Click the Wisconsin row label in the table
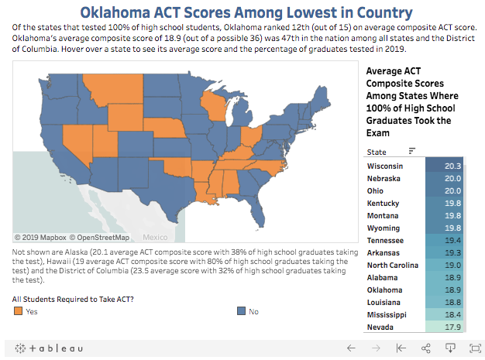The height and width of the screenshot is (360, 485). pyautogui.click(x=385, y=166)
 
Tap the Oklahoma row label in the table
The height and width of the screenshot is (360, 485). pyautogui.click(x=385, y=290)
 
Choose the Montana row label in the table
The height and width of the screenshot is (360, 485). pyautogui.click(x=384, y=215)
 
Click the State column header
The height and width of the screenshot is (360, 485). pyautogui.click(x=377, y=152)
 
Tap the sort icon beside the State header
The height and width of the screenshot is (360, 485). pyautogui.click(x=412, y=151)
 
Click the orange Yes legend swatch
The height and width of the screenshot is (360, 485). pyautogui.click(x=18, y=311)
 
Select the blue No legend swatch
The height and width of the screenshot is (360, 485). pyautogui.click(x=241, y=311)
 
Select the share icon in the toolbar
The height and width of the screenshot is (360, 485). pyautogui.click(x=426, y=348)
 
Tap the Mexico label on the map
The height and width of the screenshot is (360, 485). pyautogui.click(x=155, y=237)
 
